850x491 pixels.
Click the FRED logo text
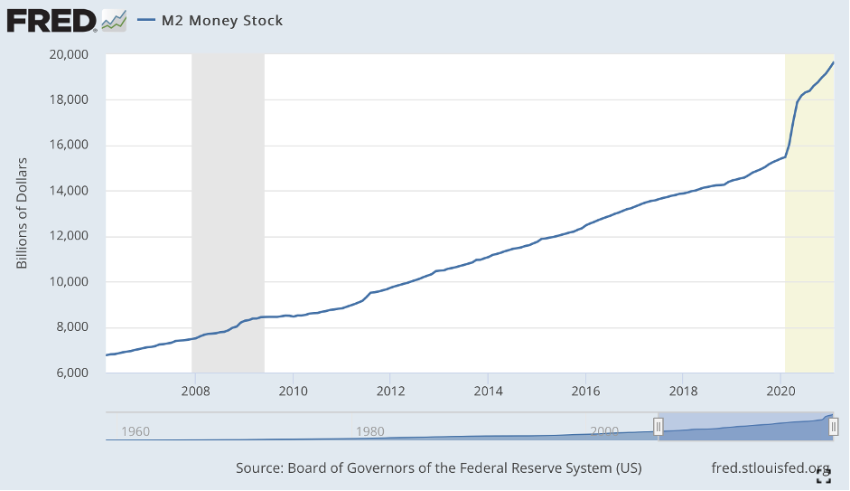click(51, 19)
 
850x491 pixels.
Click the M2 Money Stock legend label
click(221, 20)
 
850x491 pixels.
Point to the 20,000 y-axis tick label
click(69, 54)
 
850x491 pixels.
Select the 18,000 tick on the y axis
click(69, 99)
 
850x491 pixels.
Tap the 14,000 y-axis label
click(69, 191)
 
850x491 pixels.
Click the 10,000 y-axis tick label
click(69, 282)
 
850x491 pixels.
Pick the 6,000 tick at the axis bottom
click(72, 373)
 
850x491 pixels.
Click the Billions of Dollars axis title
click(23, 213)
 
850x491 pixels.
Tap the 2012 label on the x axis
click(389, 391)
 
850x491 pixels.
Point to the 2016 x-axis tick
click(585, 391)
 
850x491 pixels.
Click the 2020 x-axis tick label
click(780, 391)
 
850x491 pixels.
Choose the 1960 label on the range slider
click(135, 431)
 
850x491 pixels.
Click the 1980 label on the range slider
click(370, 431)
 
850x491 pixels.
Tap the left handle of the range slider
click(659, 427)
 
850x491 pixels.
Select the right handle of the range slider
click(833, 427)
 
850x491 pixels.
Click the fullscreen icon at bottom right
click(823, 477)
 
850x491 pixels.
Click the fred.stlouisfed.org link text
click(771, 468)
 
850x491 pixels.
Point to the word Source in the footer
click(258, 468)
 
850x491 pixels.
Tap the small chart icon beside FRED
click(113, 20)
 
